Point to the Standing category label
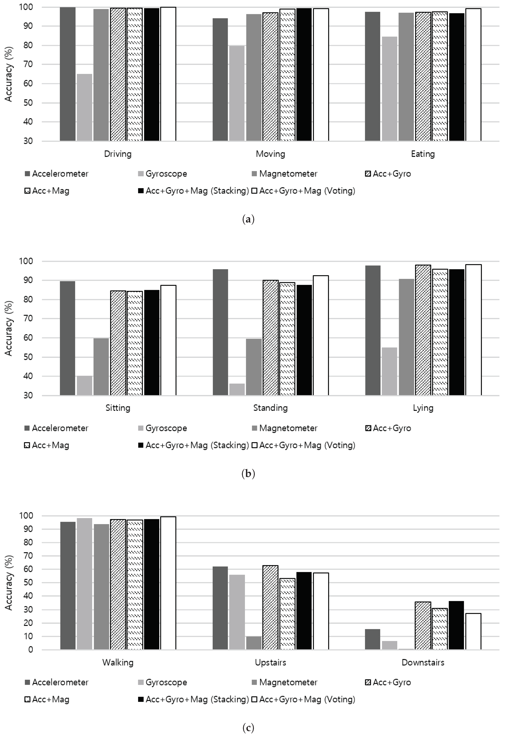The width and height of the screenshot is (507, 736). coord(270,408)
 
